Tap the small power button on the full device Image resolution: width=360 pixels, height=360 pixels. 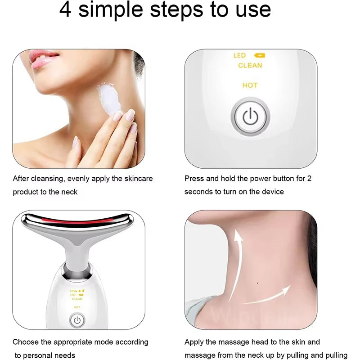[x=77, y=320]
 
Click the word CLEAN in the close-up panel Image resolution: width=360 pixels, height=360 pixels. [x=250, y=66]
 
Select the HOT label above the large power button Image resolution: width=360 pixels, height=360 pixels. [x=250, y=85]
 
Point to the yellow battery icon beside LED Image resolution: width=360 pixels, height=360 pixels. [x=260, y=55]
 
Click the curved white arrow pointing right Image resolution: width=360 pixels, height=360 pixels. [x=261, y=295]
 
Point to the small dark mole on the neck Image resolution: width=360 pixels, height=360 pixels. [x=256, y=283]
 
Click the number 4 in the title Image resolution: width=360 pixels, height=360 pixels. [x=66, y=10]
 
